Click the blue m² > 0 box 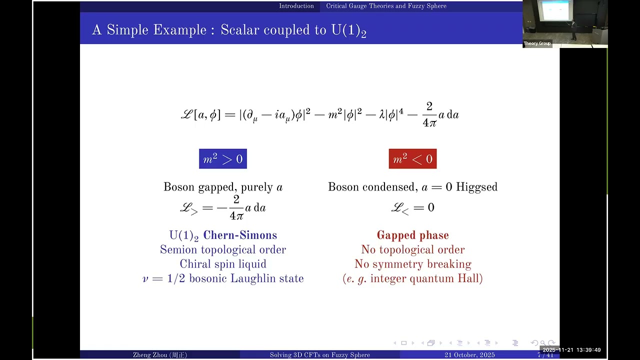tap(223, 159)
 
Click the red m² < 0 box tap(412, 159)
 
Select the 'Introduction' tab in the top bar tap(296, 6)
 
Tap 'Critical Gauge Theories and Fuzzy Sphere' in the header tap(386, 6)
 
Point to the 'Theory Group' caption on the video tap(537, 43)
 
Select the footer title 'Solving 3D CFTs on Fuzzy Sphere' tap(319, 355)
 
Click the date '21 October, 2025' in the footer tap(469, 355)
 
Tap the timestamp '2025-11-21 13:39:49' tap(571, 350)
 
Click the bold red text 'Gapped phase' tap(412, 235)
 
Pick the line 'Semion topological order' tap(223, 249)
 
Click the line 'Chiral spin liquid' tap(223, 264)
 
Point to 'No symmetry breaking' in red tap(412, 264)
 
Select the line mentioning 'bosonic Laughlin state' tap(223, 278)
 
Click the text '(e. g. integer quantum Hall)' tap(412, 278)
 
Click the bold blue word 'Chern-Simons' tap(240, 235)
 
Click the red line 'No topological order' tap(412, 249)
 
